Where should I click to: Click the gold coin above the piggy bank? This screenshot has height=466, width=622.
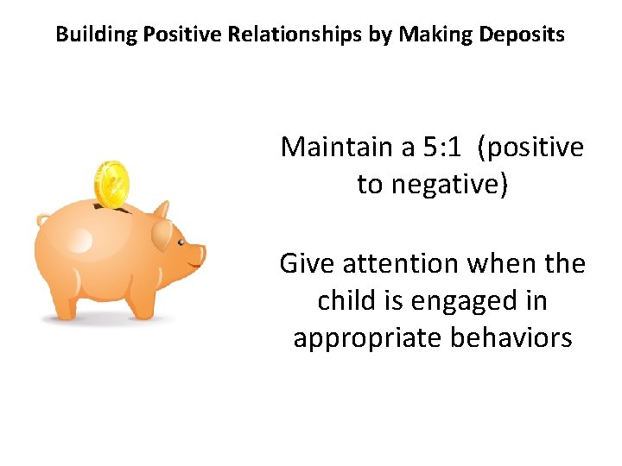point(111,184)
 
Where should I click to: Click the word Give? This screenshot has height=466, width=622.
point(301,263)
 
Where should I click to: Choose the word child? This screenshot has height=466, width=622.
point(342,300)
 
